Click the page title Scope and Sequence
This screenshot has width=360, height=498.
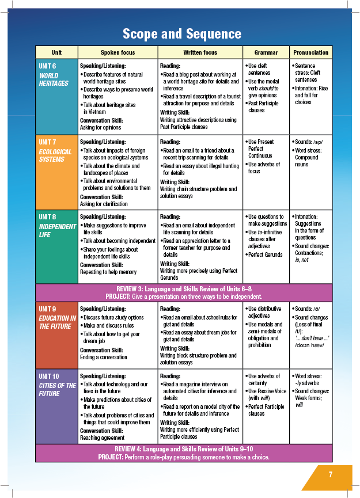pos(181,33)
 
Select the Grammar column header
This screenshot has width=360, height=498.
pos(266,52)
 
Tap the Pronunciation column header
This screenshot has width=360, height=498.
pos(310,52)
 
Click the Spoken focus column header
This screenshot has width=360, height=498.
pos(118,52)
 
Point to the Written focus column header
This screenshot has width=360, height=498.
pos(200,52)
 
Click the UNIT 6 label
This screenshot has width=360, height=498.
pos(47,66)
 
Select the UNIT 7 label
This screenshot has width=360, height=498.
pos(47,142)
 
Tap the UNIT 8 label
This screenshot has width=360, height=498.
pos(47,217)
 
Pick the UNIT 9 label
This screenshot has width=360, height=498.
pos(47,309)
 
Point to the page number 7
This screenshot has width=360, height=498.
pos(331,474)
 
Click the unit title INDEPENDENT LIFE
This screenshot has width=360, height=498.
pos(57,230)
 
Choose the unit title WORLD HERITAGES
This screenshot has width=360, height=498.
pos(54,79)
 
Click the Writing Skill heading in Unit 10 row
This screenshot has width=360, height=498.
pos(176,422)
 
